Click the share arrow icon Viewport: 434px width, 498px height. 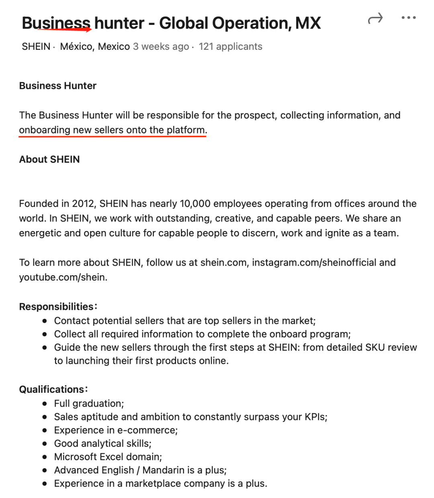pos(375,18)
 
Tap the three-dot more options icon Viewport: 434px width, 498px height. pos(409,18)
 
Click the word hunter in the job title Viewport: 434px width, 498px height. pos(119,23)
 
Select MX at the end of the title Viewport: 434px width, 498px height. pos(308,23)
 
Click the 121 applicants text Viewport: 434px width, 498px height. pos(230,47)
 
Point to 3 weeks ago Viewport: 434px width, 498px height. pos(161,47)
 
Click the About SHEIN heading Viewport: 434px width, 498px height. pos(49,160)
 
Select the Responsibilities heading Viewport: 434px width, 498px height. pos(57,307)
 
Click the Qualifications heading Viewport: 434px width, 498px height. pos(52,389)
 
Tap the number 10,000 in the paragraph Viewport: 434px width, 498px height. pos(195,204)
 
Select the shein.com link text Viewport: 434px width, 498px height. pos(223,263)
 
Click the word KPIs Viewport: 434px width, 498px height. pos(315,417)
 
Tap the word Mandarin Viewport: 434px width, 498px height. pos(164,470)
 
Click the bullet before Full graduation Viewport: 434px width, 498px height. pos(45,404)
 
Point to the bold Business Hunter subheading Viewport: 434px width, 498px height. pos(58,86)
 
